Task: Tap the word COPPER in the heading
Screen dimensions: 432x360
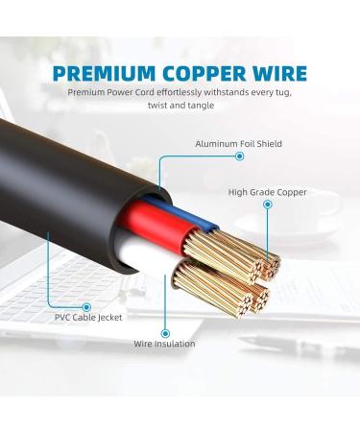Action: point(201,74)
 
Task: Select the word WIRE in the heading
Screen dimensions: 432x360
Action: point(276,74)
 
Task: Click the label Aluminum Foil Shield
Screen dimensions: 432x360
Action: point(239,144)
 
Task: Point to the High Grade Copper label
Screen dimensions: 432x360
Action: point(267,192)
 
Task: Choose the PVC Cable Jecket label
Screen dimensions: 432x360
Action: point(88,317)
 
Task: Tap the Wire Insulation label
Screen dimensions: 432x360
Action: point(164,343)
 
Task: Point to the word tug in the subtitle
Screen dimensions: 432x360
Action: point(281,93)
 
